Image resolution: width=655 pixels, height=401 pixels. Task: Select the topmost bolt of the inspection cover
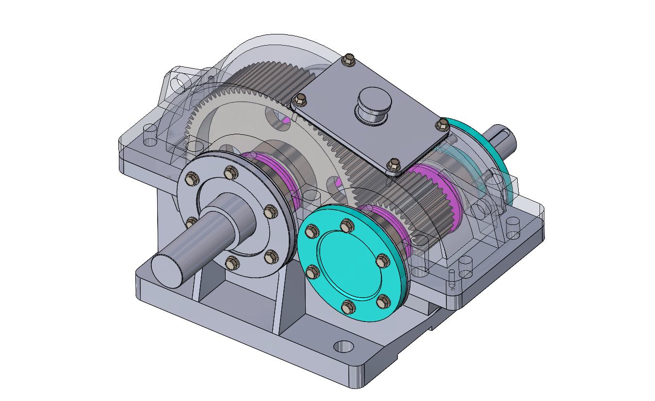point(347,60)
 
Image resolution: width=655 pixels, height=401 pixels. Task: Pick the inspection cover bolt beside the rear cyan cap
point(442,125)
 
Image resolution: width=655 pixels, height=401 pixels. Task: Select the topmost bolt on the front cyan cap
point(346,225)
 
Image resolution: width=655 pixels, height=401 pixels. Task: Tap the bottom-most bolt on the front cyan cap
point(348,306)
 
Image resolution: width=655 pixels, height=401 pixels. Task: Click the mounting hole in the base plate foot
point(344,346)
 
